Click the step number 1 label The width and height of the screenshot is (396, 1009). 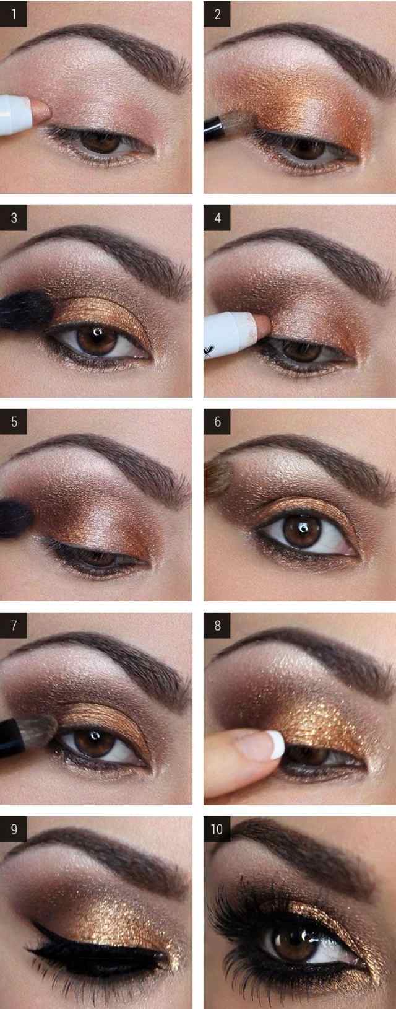[x=14, y=14]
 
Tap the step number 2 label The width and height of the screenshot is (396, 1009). [x=217, y=14]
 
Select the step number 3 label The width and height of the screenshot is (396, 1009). [x=14, y=218]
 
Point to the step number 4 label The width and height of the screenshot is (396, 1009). [x=217, y=218]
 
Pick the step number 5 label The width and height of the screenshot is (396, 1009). [x=14, y=422]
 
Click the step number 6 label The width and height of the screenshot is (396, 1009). [x=217, y=422]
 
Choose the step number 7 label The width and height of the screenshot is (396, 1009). [x=14, y=626]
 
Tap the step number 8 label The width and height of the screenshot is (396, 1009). [x=217, y=626]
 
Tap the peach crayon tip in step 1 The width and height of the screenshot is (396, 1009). [x=42, y=110]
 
